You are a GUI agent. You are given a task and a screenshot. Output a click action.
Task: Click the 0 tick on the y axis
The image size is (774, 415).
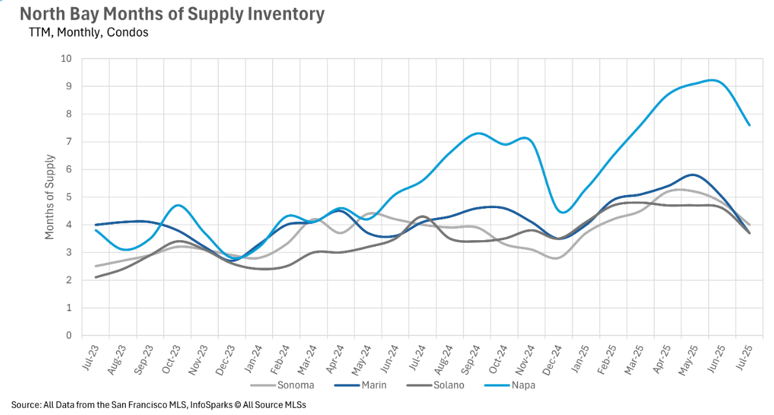69,335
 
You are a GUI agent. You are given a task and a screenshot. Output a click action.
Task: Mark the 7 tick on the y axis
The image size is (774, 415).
69,142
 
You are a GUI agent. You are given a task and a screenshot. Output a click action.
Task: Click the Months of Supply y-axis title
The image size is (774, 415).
50,197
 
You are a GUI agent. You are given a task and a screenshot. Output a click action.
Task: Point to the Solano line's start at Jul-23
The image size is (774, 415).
97,277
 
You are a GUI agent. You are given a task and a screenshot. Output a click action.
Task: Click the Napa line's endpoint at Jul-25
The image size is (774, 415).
749,125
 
